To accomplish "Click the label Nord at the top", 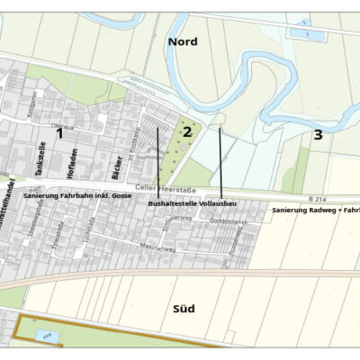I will (181, 40).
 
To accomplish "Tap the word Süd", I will (184, 310).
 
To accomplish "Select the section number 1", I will (60, 133).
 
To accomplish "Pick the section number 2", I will (187, 131).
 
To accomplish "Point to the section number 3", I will (318, 135).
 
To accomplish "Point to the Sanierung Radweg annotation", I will (315, 209).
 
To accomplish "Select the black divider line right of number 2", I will (220, 162).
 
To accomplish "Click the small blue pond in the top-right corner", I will (300, 33).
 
